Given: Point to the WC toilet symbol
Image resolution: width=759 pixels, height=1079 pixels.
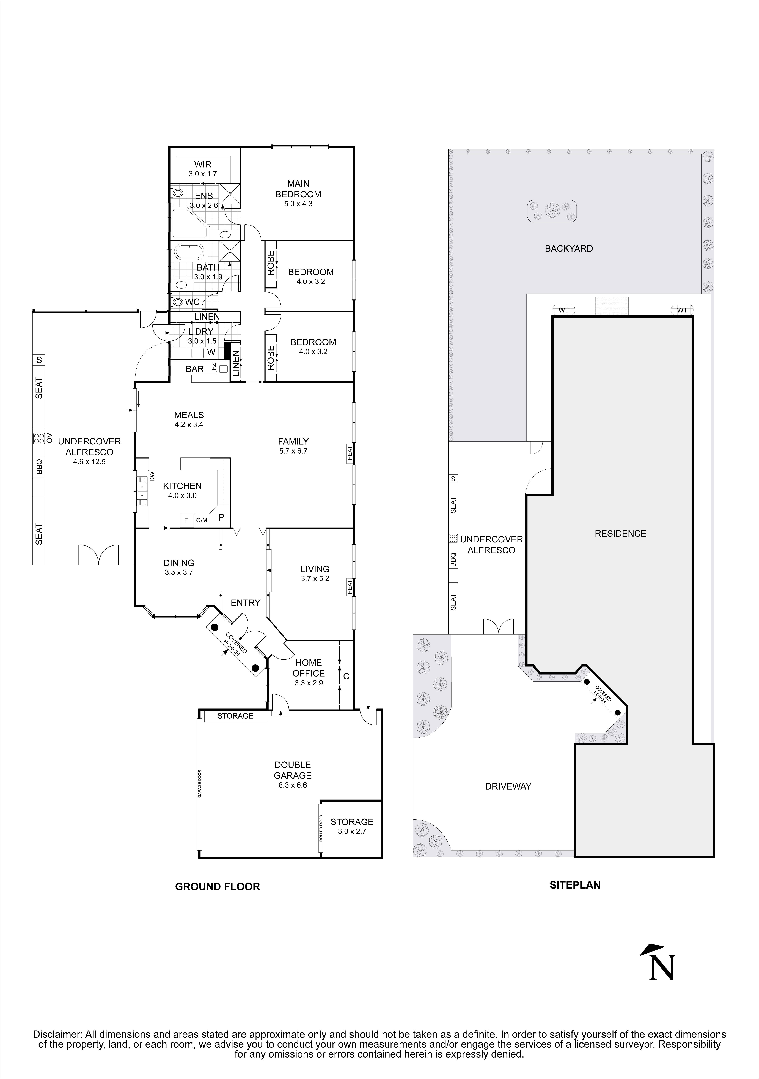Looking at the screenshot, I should (x=178, y=302).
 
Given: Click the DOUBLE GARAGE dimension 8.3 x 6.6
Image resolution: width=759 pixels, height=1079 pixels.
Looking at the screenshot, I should (x=293, y=785).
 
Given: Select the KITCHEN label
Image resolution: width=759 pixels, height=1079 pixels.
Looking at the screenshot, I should (x=182, y=486).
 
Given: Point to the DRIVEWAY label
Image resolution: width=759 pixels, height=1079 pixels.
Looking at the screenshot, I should (x=508, y=786).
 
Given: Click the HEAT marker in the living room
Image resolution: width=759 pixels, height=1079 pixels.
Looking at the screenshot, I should (x=350, y=588).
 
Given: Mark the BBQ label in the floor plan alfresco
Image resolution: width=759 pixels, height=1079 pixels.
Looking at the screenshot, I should (x=39, y=467).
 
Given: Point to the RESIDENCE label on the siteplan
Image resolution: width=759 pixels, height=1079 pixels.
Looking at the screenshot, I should (x=620, y=533).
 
